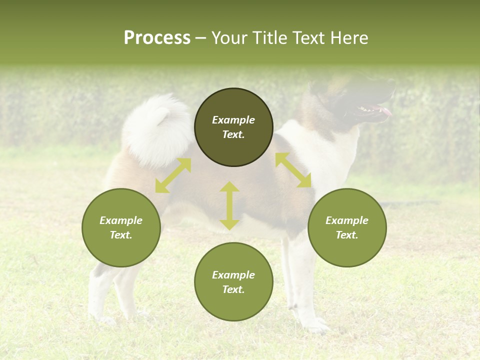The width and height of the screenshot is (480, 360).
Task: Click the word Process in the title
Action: click(157, 38)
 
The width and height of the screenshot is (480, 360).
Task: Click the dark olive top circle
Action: click(233, 127)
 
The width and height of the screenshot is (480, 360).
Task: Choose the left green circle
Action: click(121, 227)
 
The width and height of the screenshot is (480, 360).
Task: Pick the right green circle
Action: click(346, 227)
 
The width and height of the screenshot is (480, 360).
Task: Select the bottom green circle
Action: click(233, 281)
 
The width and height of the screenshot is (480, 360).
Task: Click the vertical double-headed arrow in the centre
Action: click(229, 205)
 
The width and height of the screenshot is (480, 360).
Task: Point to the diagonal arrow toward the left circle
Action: click(173, 175)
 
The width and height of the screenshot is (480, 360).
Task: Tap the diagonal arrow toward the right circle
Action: click(293, 170)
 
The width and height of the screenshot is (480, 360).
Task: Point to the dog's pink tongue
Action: click(386, 111)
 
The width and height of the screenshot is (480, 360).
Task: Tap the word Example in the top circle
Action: click(233, 120)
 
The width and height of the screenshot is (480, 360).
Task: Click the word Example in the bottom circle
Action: click(233, 275)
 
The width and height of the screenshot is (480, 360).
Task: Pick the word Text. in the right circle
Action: click(346, 235)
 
